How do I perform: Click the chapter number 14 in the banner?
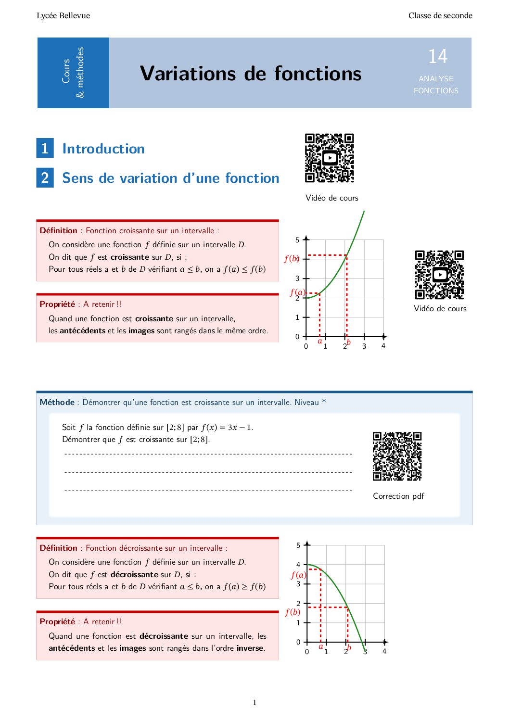click(438, 56)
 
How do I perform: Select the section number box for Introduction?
click(45, 148)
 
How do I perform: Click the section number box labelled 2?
click(45, 177)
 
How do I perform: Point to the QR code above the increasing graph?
click(330, 158)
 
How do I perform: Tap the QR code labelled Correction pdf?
click(397, 456)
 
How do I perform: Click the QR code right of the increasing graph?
click(439, 275)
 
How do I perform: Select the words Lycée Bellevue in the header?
click(63, 15)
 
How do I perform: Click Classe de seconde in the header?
click(440, 15)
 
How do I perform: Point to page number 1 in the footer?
click(254, 702)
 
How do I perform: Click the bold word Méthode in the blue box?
click(57, 402)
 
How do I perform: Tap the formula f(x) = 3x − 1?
click(227, 427)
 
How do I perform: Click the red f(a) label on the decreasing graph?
click(298, 575)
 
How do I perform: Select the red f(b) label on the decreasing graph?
click(293, 612)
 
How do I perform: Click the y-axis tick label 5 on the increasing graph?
click(297, 240)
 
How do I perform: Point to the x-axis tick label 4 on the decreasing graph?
click(384, 651)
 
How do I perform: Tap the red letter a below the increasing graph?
click(320, 341)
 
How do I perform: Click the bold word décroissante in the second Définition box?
click(134, 574)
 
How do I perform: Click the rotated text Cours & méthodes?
click(73, 73)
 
